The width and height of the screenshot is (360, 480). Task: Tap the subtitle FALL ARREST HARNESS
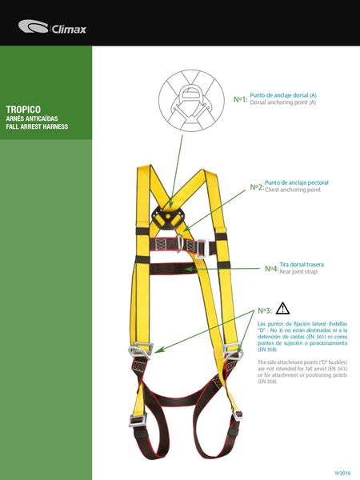tap(37, 126)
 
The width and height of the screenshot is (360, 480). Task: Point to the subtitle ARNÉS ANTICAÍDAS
tap(33, 118)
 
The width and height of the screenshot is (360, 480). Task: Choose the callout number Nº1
tap(240, 99)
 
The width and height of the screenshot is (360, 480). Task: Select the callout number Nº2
tap(256, 186)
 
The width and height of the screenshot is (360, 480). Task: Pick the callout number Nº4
tap(271, 268)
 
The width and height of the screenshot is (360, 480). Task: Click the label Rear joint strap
tap(298, 272)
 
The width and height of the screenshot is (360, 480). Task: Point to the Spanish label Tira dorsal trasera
tap(302, 264)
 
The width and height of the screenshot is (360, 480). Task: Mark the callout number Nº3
tap(265, 310)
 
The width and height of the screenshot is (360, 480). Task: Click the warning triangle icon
tap(282, 308)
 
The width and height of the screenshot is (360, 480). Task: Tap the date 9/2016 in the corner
tap(342, 472)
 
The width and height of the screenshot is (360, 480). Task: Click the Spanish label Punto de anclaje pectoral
tap(296, 182)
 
